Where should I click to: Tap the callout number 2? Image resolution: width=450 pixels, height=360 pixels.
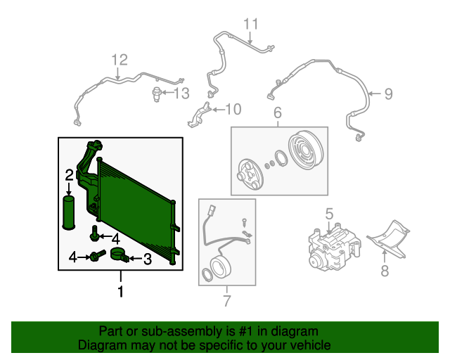[70, 174]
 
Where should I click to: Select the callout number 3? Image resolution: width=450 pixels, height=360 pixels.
[147, 259]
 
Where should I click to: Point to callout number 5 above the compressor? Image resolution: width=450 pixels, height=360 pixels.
[328, 213]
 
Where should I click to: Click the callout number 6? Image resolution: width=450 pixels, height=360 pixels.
[277, 112]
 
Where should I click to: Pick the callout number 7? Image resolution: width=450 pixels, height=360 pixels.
[226, 302]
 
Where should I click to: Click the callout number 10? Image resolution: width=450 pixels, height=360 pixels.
[232, 109]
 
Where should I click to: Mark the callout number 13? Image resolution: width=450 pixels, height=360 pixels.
[181, 93]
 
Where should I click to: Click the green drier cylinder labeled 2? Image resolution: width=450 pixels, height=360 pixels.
[70, 212]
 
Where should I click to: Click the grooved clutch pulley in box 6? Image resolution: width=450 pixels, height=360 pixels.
[302, 149]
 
